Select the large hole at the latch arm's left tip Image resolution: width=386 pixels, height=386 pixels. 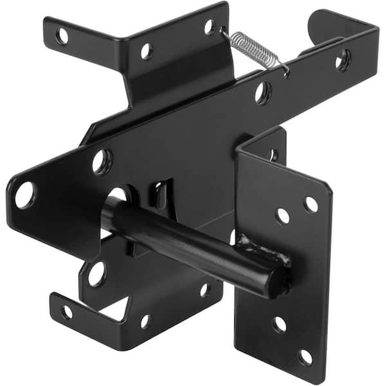[x=24, y=194]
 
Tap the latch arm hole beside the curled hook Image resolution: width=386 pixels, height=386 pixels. [x=343, y=60]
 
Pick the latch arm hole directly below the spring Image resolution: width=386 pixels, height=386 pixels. [x=262, y=92]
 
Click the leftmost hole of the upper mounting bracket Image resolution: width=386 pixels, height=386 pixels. [x=62, y=36]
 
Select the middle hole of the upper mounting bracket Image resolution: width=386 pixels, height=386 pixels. [x=147, y=50]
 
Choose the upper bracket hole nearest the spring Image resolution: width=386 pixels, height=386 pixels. [x=208, y=27]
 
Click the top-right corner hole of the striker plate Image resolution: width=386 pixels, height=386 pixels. [x=311, y=205]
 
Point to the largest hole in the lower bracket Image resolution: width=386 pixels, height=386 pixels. [x=96, y=273]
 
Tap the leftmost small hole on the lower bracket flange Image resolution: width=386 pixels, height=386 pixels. [x=66, y=312]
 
